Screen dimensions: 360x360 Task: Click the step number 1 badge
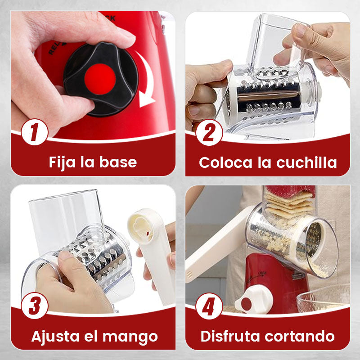click(35, 132)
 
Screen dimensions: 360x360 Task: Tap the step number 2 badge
click(209, 132)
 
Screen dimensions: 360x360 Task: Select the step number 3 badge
click(35, 306)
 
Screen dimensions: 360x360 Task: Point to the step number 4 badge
click(209, 306)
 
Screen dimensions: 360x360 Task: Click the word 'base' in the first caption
click(118, 162)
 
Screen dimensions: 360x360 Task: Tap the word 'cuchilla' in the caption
click(306, 162)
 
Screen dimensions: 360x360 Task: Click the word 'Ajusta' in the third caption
click(55, 336)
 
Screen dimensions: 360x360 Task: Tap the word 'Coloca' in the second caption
click(225, 162)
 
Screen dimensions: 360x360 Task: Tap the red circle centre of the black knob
click(100, 79)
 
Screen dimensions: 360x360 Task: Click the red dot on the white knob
click(246, 304)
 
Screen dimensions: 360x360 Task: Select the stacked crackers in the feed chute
click(289, 205)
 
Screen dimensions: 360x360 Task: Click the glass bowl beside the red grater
click(324, 298)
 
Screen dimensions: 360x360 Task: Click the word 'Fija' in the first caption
click(62, 163)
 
